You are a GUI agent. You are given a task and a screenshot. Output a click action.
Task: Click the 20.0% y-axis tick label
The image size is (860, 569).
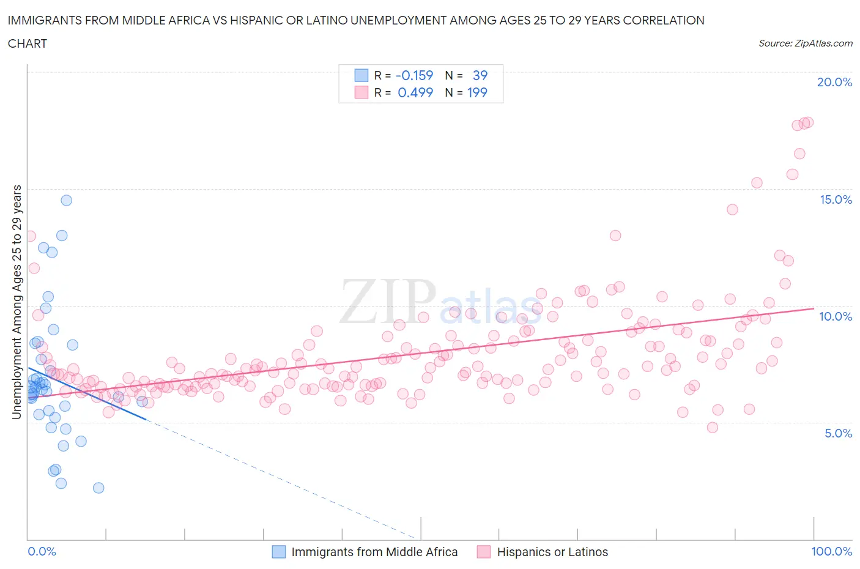point(834,82)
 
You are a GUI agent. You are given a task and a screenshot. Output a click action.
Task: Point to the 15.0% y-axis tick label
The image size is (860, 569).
point(836,199)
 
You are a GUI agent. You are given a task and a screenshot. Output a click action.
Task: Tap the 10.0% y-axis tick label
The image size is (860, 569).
point(836,316)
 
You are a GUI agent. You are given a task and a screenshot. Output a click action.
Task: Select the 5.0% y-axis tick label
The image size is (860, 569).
point(838,433)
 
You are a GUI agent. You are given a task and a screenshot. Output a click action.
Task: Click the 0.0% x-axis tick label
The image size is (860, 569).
point(42,551)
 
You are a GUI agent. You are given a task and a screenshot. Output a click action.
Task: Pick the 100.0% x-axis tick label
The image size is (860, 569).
point(831,551)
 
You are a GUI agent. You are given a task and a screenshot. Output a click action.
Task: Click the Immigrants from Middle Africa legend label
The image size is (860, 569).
point(374,552)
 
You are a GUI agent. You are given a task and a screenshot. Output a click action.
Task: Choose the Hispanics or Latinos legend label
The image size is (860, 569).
point(552,552)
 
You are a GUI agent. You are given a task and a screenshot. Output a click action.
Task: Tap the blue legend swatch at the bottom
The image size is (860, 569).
point(279,552)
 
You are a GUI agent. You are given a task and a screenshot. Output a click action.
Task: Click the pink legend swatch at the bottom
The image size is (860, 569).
point(484,552)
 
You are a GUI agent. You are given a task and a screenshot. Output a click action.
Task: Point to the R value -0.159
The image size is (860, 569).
point(414,75)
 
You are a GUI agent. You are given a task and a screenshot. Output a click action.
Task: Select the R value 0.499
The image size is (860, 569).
point(415,92)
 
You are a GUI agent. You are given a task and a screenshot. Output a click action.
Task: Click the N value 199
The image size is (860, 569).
point(477,92)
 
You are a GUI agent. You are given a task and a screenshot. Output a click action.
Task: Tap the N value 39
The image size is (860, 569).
point(480,75)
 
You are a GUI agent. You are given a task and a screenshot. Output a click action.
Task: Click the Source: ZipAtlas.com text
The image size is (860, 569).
point(805,43)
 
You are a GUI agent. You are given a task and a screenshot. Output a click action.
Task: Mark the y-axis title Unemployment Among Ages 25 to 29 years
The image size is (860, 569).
point(17,302)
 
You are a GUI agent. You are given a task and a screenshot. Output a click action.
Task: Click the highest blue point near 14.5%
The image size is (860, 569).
point(66,200)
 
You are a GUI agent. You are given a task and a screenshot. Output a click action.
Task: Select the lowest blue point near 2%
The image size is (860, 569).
point(98,488)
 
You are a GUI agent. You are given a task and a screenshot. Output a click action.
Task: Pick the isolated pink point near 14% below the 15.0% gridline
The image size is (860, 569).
point(732,209)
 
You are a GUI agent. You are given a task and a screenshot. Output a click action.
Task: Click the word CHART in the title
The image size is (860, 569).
point(28,43)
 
